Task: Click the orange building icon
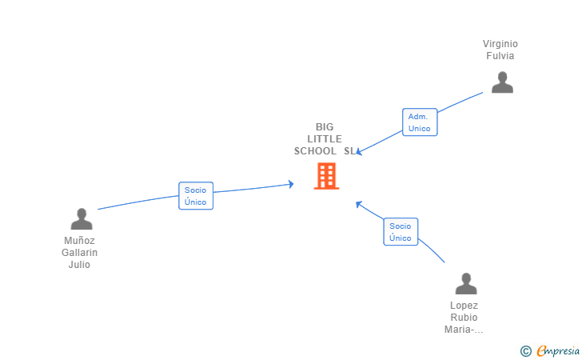[326, 176]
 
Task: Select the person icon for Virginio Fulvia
[502, 82]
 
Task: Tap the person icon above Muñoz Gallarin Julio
[82, 219]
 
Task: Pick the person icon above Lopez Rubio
[466, 284]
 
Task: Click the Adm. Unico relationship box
[420, 122]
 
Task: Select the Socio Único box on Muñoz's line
[196, 196]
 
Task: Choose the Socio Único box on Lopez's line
[401, 232]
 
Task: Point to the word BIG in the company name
[325, 127]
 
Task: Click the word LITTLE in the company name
[325, 139]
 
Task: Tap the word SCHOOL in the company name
[315, 151]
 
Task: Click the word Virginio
[500, 44]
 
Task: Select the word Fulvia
[500, 56]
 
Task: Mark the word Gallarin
[79, 253]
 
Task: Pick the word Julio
[79, 265]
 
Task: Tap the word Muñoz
[79, 241]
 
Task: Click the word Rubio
[464, 318]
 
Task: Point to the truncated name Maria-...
[464, 330]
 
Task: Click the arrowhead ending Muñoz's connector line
[291, 184]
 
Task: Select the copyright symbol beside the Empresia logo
[526, 350]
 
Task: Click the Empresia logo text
[558, 350]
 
